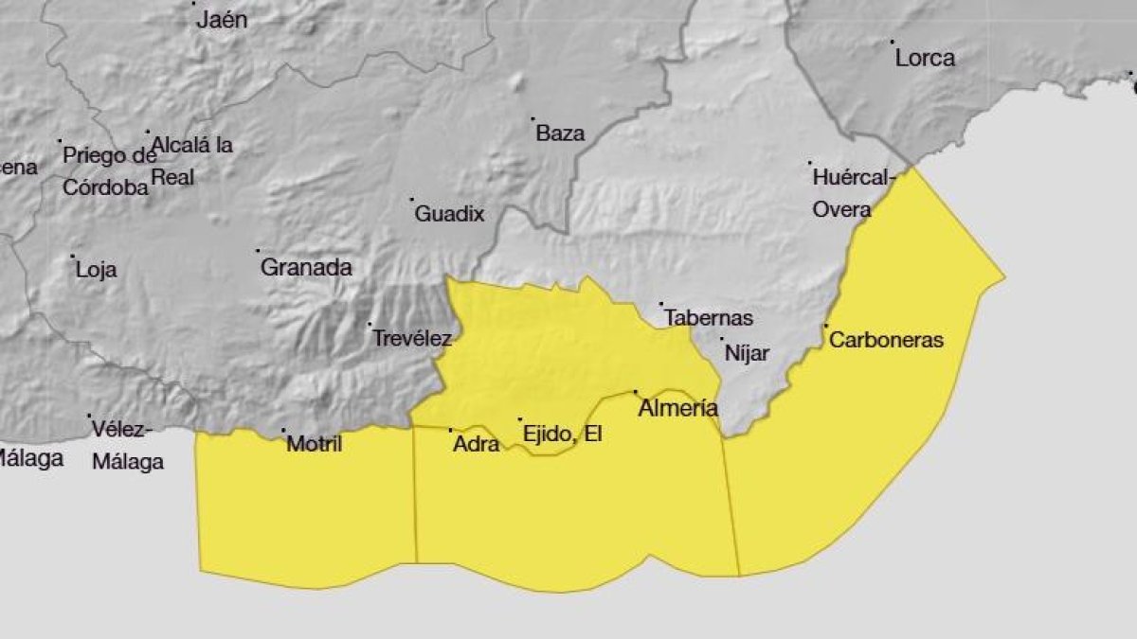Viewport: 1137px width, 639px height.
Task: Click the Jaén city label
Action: click(222, 20)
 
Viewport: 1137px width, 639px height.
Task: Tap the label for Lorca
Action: click(925, 59)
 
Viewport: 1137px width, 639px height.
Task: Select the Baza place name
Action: click(560, 134)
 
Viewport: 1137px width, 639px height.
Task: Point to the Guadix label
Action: click(449, 215)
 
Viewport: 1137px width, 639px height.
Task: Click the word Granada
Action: click(306, 268)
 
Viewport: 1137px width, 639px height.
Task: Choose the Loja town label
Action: click(97, 270)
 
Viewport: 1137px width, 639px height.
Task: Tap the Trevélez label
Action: click(411, 338)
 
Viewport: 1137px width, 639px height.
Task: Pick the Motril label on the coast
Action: click(315, 444)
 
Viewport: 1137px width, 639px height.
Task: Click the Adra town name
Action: click(476, 443)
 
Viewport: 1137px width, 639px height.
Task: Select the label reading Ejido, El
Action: click(563, 435)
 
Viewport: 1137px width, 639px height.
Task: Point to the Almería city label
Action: click(677, 409)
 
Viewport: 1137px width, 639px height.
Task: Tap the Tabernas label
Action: click(709, 318)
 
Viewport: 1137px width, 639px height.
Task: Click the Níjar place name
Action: click(747, 353)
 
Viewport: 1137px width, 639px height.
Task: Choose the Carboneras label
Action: click(886, 340)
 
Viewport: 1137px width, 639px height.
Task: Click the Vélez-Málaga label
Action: click(127, 446)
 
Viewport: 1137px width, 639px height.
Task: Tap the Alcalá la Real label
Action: click(192, 161)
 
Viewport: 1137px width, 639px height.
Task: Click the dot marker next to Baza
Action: click(532, 119)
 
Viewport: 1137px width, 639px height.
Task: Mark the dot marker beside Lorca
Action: click(892, 42)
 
